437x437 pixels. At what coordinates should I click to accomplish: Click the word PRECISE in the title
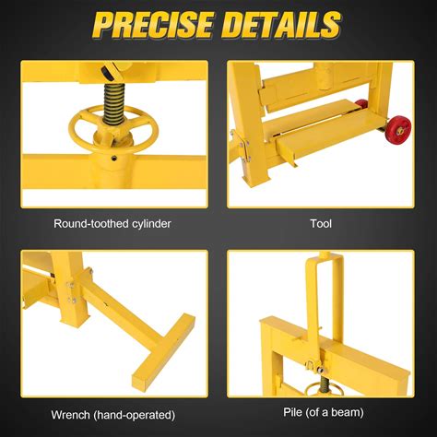[153, 25]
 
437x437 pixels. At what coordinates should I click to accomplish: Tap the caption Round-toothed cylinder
[112, 224]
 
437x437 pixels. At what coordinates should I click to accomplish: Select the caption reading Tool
[321, 223]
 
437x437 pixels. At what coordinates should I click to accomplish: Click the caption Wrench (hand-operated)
[113, 415]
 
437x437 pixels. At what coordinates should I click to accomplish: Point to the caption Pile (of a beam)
[324, 412]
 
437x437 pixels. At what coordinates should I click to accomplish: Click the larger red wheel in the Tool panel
[399, 129]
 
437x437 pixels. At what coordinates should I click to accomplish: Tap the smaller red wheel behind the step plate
[361, 104]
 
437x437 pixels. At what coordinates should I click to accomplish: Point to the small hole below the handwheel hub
[114, 158]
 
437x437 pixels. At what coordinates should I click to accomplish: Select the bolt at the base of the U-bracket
[320, 370]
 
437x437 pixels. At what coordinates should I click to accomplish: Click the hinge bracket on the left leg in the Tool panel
[245, 148]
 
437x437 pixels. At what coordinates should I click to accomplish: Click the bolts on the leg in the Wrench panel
[71, 292]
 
